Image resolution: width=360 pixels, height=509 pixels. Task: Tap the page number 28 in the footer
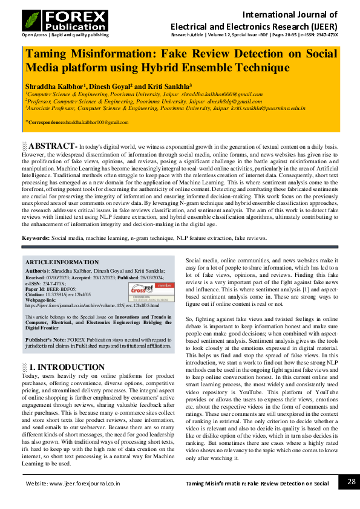pyautogui.click(x=352, y=482)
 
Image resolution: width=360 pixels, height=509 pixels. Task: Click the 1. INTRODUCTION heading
pyautogui.click(x=67, y=367)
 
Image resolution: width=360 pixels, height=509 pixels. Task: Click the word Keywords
pyautogui.click(x=35, y=238)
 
